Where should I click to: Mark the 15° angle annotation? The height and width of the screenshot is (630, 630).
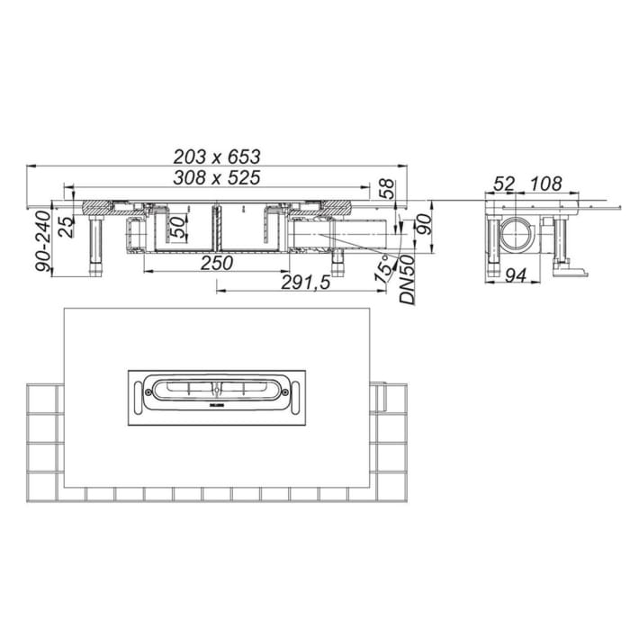click(384, 267)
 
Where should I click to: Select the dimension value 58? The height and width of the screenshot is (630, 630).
click(385, 190)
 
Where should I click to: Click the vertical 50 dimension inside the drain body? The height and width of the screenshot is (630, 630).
click(178, 226)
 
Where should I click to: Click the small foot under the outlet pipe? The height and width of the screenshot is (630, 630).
click(341, 262)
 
